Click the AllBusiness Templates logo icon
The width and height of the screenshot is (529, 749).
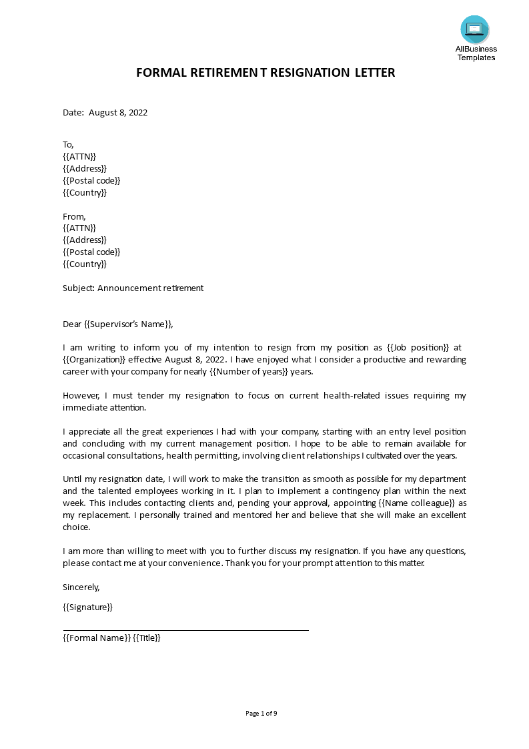click(x=474, y=29)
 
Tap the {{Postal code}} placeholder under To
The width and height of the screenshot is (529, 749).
click(x=91, y=180)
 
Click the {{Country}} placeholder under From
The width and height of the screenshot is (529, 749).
click(x=84, y=264)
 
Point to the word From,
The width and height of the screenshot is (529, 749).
click(x=74, y=216)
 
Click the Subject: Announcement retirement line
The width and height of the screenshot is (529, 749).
click(x=133, y=288)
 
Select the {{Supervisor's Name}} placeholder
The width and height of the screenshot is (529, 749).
click(x=127, y=324)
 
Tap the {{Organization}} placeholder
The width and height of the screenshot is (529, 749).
click(x=94, y=359)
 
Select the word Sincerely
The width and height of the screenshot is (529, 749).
click(x=81, y=587)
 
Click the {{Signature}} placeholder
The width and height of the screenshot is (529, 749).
click(x=87, y=607)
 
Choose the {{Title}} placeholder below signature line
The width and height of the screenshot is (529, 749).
click(x=147, y=638)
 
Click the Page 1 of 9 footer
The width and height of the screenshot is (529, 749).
click(x=261, y=714)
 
